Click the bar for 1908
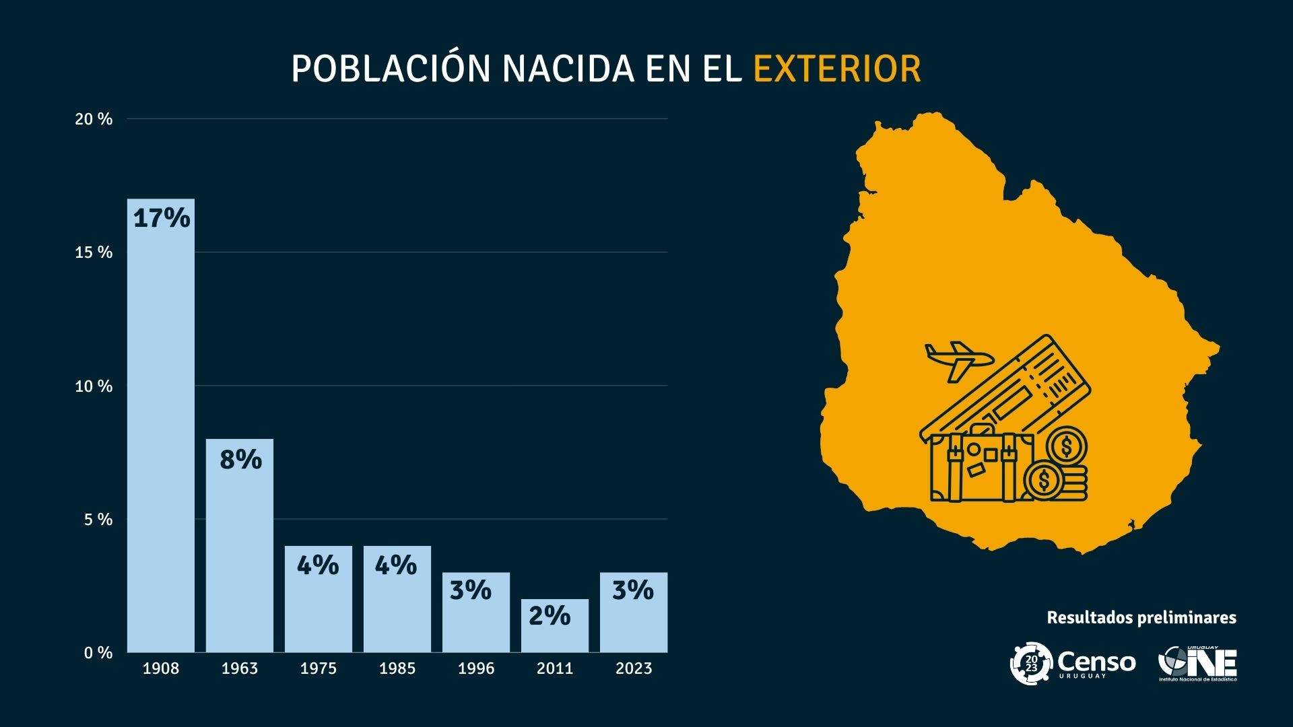[161, 431]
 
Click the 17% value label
[162, 218]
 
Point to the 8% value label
[240, 460]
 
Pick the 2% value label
[549, 615]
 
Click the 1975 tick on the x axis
[319, 668]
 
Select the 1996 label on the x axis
[476, 668]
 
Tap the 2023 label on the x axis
[634, 668]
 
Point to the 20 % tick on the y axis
[94, 119]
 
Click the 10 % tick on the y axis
[94, 386]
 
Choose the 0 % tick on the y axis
[98, 653]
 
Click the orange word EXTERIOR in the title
[836, 69]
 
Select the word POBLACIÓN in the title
[391, 69]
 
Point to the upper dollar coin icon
[1067, 446]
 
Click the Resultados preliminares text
[1141, 617]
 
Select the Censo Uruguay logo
[1072, 664]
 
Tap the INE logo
[1197, 664]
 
